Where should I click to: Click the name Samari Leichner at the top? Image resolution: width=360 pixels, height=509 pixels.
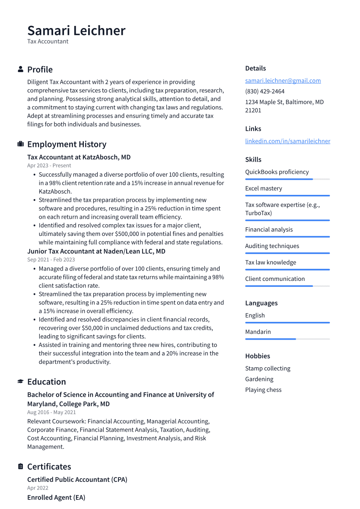pyautogui.click(x=76, y=31)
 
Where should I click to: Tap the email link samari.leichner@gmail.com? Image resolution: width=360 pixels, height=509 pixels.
pyautogui.click(x=283, y=80)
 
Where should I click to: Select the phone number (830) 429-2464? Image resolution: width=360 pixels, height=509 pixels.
pyautogui.click(x=264, y=91)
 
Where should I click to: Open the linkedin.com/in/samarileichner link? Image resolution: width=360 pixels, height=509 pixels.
pyautogui.click(x=287, y=141)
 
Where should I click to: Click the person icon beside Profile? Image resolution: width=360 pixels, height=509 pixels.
pyautogui.click(x=20, y=69)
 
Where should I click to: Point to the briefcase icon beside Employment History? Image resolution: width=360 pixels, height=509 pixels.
pyautogui.click(x=20, y=144)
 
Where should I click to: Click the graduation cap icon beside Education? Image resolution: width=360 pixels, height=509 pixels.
pyautogui.click(x=20, y=382)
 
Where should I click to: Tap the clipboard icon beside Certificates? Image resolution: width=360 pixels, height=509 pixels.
pyautogui.click(x=20, y=466)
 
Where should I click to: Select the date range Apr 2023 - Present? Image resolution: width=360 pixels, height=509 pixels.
pyautogui.click(x=49, y=165)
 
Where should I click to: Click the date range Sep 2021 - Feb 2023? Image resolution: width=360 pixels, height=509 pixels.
pyautogui.click(x=51, y=260)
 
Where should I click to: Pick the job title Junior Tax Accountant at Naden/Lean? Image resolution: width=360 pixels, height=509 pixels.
pyautogui.click(x=96, y=251)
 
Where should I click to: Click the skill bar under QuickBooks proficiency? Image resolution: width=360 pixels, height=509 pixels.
pyautogui.click(x=287, y=179)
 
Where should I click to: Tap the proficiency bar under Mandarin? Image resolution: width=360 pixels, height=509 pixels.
pyautogui.click(x=287, y=339)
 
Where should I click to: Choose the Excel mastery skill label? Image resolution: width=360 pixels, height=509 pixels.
pyautogui.click(x=263, y=188)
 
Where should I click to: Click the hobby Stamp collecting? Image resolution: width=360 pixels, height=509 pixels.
pyautogui.click(x=268, y=368)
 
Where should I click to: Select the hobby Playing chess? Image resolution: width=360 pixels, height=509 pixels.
pyautogui.click(x=263, y=390)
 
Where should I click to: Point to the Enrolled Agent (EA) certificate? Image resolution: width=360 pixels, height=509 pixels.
pyautogui.click(x=56, y=497)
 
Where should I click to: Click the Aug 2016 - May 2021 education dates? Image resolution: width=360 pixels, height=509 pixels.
pyautogui.click(x=51, y=412)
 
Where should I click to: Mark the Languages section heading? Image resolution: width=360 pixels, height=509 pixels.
pyautogui.click(x=261, y=303)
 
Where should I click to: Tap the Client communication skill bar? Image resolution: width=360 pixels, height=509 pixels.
pyautogui.click(x=287, y=286)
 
